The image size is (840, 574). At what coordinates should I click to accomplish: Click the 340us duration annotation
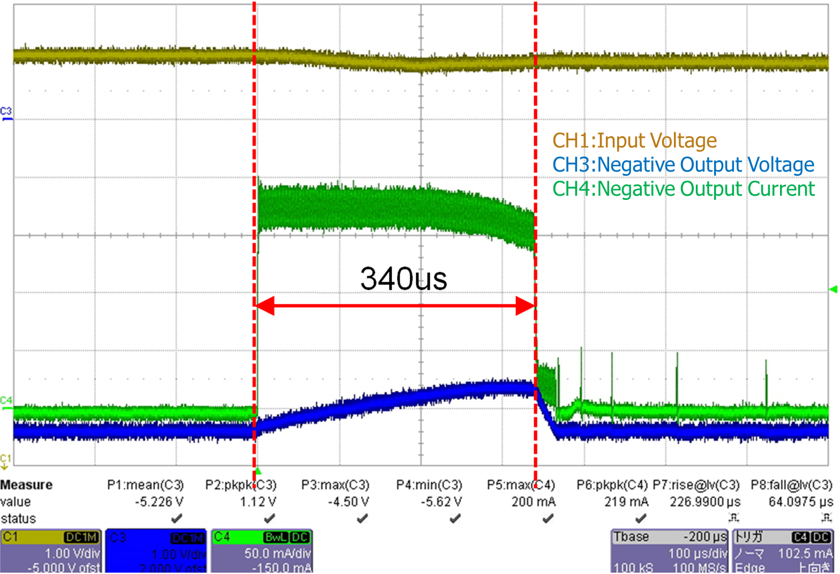[403, 279]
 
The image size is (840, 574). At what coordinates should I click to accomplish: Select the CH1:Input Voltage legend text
[634, 140]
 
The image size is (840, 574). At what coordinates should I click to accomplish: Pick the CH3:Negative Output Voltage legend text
[683, 165]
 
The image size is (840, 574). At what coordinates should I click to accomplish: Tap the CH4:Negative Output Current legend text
[683, 189]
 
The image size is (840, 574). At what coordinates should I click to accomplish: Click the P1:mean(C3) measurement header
[145, 485]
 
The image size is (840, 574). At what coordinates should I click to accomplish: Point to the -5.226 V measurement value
[159, 502]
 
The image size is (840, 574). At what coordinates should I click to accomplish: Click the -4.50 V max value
[348, 502]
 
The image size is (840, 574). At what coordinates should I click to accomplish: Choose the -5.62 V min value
[441, 502]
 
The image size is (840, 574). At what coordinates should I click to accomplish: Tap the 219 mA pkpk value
[626, 502]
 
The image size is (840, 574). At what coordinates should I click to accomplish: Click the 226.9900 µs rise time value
[705, 502]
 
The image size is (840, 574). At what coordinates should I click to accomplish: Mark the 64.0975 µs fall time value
[800, 502]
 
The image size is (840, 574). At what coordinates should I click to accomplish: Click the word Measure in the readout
[26, 485]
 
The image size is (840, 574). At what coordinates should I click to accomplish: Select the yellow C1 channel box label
[11, 537]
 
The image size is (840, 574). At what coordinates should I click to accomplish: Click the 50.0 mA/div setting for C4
[277, 554]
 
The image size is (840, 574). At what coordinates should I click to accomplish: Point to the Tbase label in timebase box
[631, 537]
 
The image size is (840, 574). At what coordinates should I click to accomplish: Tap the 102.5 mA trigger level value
[805, 554]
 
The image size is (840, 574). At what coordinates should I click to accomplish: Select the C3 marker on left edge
[5, 111]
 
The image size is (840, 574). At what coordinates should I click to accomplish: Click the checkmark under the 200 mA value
[547, 519]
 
